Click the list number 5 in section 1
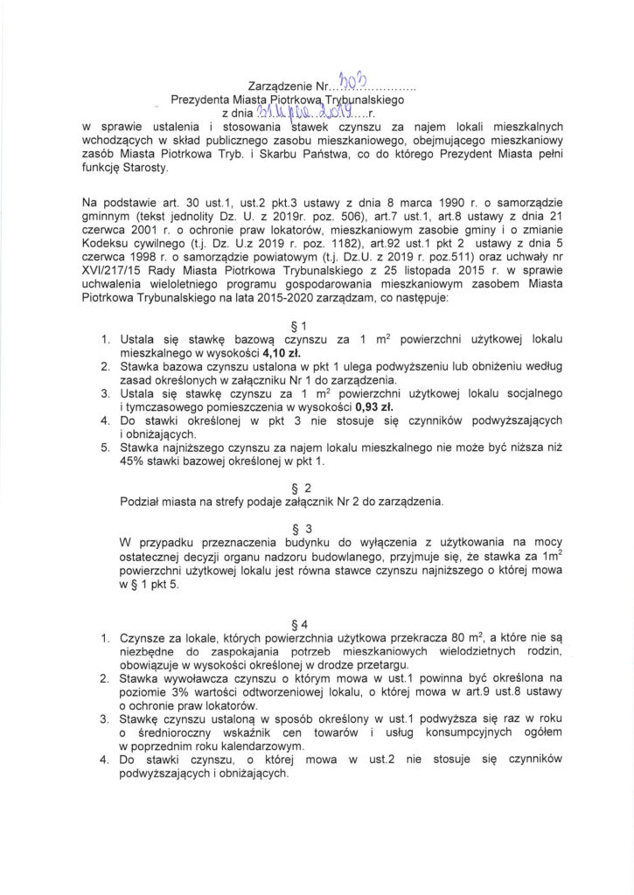[x=105, y=447]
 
